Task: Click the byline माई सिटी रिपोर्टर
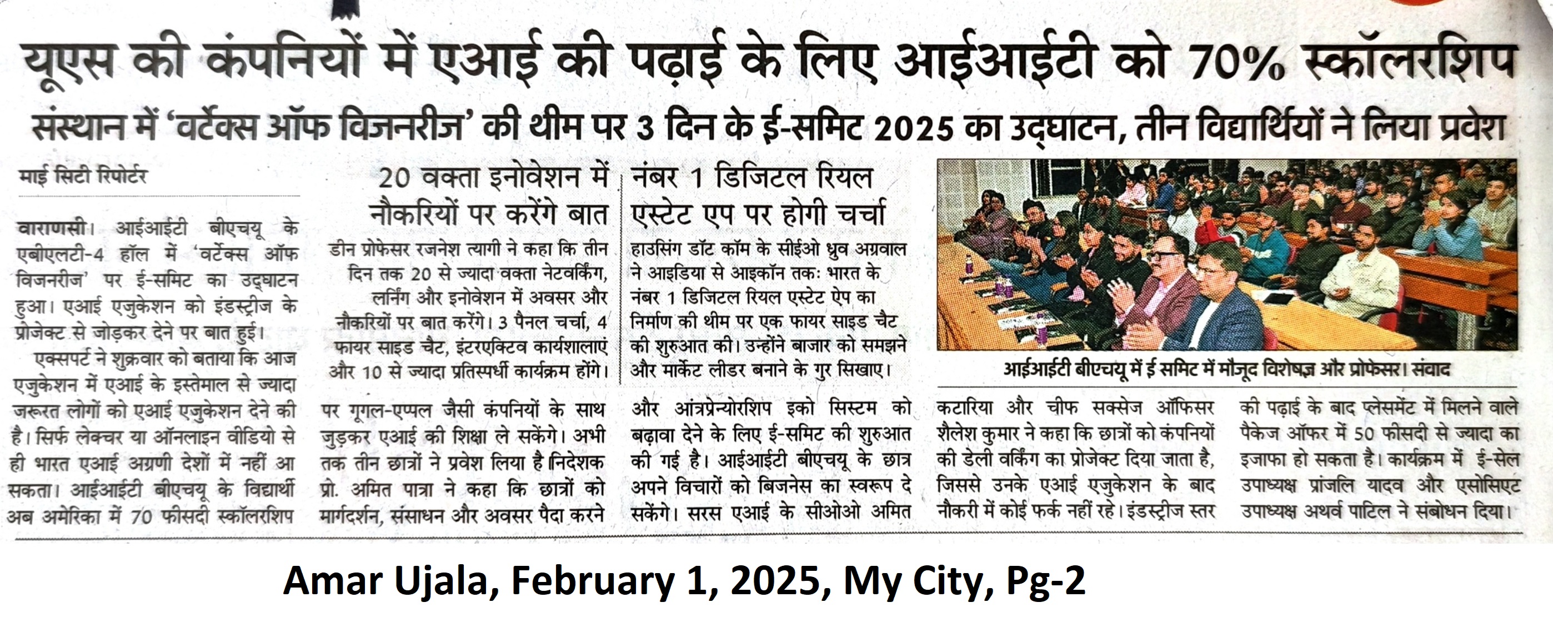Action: pos(82,177)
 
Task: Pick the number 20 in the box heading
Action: pos(395,178)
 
